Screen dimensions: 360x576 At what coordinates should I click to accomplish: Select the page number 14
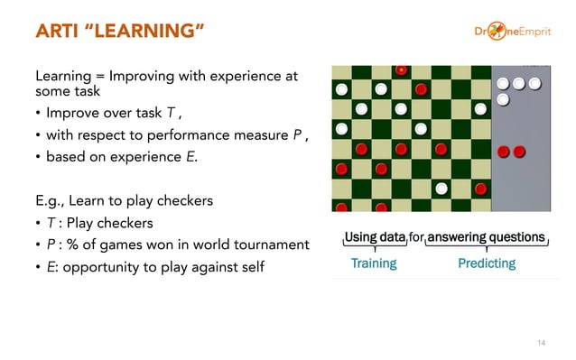[541, 342]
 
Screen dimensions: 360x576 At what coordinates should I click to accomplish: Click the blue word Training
[374, 263]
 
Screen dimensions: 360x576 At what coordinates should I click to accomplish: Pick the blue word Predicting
[487, 263]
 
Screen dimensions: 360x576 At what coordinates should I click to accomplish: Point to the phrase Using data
[375, 237]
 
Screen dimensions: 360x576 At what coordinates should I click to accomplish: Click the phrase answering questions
[487, 237]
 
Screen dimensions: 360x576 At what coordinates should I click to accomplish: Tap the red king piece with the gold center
[401, 70]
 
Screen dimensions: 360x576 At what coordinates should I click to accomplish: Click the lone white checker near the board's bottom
[441, 189]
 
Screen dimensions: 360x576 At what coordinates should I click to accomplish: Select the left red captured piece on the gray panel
[504, 151]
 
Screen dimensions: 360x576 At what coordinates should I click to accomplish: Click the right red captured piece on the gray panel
[519, 151]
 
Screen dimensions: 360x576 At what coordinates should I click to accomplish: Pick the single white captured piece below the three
[503, 98]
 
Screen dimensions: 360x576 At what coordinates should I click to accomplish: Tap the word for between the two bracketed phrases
[416, 237]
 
